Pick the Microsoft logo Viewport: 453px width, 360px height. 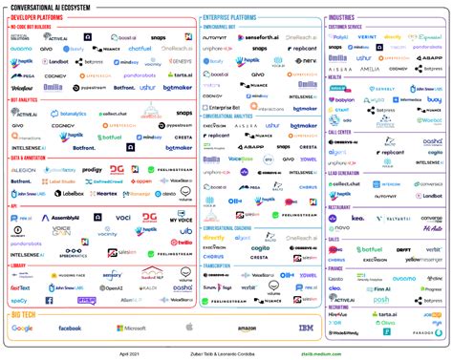pyautogui.click(x=131, y=328)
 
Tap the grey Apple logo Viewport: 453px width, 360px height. pyautogui.click(x=190, y=328)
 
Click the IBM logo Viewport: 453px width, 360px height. pyautogui.click(x=308, y=328)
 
